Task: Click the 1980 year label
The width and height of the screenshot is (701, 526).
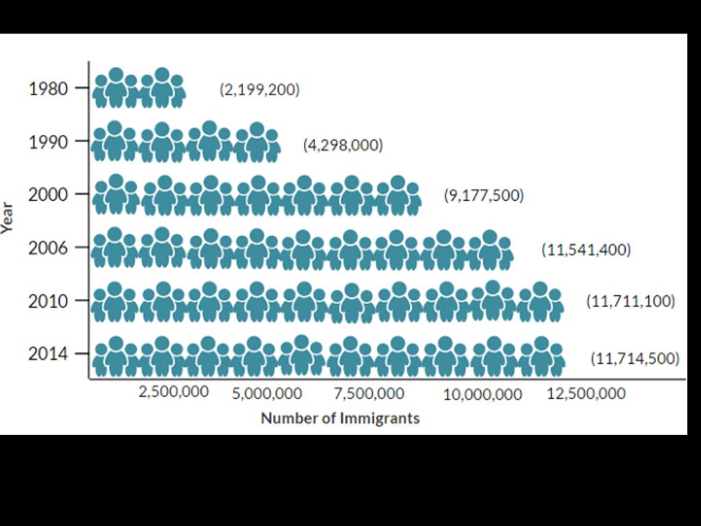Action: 49,89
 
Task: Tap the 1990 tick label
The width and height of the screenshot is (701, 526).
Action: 49,142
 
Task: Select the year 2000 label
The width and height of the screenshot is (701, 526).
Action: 49,195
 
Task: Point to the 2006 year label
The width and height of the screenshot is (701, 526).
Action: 49,247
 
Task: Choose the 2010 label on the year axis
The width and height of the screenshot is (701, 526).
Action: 49,301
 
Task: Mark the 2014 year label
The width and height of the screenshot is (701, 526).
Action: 49,354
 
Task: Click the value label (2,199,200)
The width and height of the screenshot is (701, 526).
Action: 259,90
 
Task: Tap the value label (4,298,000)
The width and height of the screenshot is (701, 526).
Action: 343,145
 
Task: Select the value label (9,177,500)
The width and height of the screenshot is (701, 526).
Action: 483,195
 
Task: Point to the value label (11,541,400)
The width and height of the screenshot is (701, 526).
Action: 586,249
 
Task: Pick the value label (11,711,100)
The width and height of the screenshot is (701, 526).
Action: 630,301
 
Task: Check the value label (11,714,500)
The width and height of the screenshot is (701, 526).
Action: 635,358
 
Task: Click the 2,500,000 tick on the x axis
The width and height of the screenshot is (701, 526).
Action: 174,392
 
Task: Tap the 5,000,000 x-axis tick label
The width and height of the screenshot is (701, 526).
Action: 267,394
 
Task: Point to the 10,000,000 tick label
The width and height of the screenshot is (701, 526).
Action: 483,394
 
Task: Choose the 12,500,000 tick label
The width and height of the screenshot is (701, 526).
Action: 586,394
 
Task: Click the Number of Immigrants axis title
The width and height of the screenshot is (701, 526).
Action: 340,418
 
